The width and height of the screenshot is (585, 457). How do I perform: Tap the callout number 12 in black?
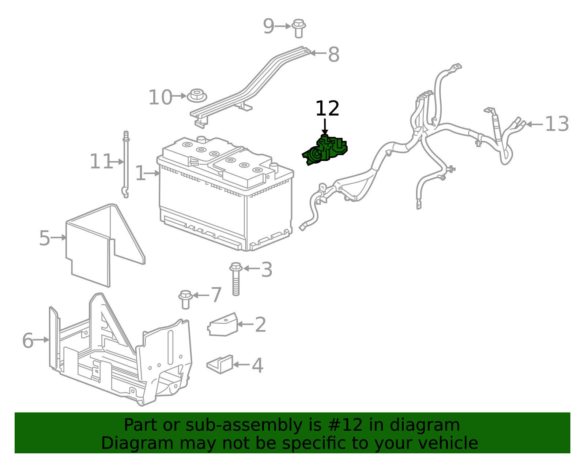click(x=327, y=109)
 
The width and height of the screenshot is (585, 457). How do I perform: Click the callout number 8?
click(x=333, y=55)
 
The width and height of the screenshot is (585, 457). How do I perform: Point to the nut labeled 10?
click(x=197, y=95)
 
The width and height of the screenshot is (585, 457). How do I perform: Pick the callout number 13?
click(x=556, y=124)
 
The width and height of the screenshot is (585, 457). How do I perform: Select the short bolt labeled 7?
click(x=185, y=299)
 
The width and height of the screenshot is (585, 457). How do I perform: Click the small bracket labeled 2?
click(x=223, y=325)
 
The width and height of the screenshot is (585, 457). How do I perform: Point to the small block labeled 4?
click(x=220, y=364)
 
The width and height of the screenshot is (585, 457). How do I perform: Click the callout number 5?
click(x=44, y=238)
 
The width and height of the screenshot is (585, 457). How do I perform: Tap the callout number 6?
click(x=28, y=341)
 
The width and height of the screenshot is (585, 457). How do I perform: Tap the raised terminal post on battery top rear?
click(x=201, y=139)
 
